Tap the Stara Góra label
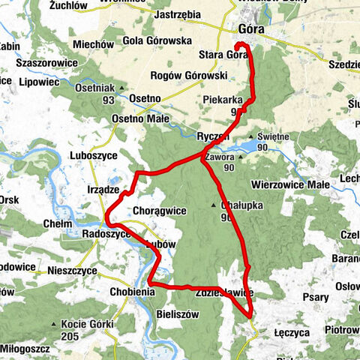[x=223, y=54]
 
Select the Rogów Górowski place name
[x=189, y=76]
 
